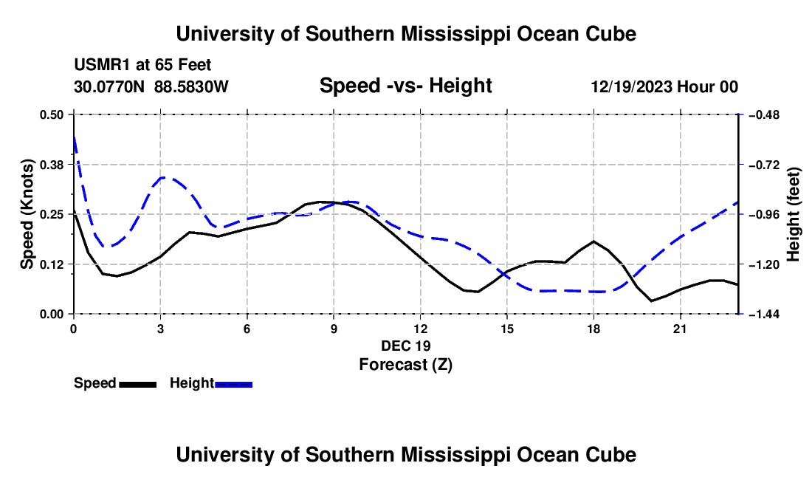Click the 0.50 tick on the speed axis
tap(51, 114)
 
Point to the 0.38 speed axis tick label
tap(51, 165)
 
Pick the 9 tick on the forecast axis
tap(334, 329)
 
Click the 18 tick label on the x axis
tap(593, 329)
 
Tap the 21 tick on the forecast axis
tap(680, 329)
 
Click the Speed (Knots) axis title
tap(27, 214)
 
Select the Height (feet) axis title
tap(793, 214)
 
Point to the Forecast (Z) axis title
tap(406, 365)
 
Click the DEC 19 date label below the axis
tap(406, 346)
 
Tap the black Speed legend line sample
tap(138, 384)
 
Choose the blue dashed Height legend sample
tap(233, 384)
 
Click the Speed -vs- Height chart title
tap(405, 86)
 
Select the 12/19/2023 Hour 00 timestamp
tap(664, 86)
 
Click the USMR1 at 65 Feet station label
tap(142, 65)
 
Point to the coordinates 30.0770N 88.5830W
tap(151, 86)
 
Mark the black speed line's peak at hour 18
tap(593, 241)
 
